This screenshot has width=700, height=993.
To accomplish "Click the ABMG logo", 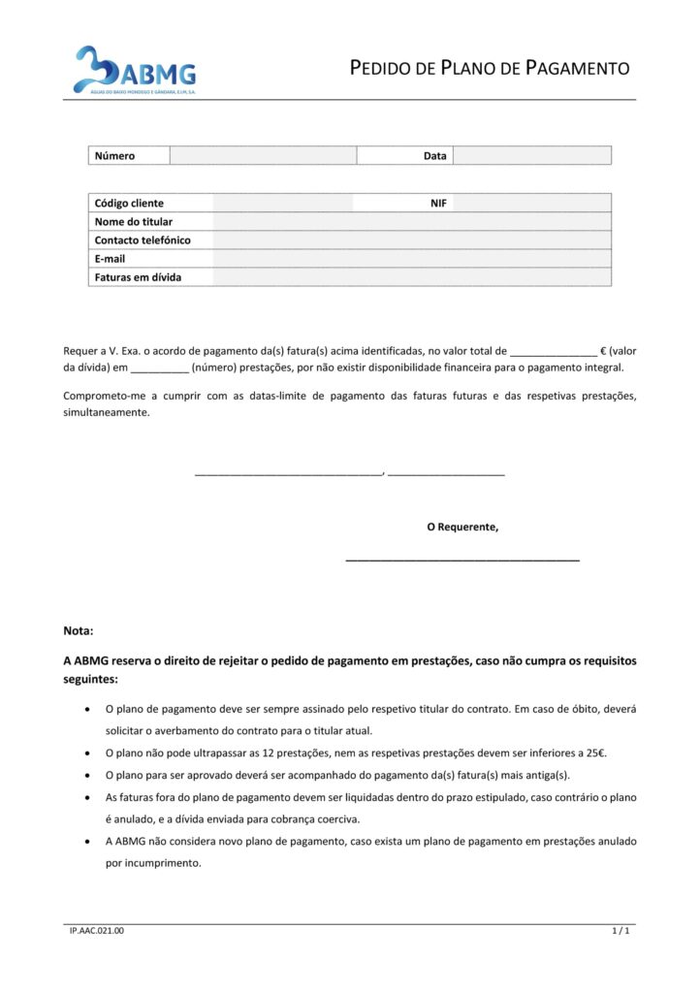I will click(x=136, y=70).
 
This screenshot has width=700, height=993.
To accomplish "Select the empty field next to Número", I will click(x=263, y=155).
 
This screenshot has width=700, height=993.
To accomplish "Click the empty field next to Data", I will click(x=531, y=155).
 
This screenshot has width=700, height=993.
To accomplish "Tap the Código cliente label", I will click(x=129, y=203).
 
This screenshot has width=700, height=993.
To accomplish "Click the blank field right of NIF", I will click(x=531, y=203).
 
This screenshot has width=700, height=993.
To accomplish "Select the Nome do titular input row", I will click(x=412, y=221).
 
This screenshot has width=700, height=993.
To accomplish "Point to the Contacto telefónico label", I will click(x=143, y=240).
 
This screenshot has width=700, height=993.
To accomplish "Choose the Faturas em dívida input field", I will click(x=412, y=277).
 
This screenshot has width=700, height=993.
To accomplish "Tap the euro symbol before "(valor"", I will click(x=603, y=351).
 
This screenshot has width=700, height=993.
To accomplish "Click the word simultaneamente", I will click(x=107, y=412).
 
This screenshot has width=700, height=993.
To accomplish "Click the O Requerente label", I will click(x=462, y=528).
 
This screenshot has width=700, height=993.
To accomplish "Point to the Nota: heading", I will click(x=79, y=630).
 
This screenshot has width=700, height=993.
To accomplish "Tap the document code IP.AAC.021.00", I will click(x=97, y=931).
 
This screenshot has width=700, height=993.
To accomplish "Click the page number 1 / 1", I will click(x=621, y=931).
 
